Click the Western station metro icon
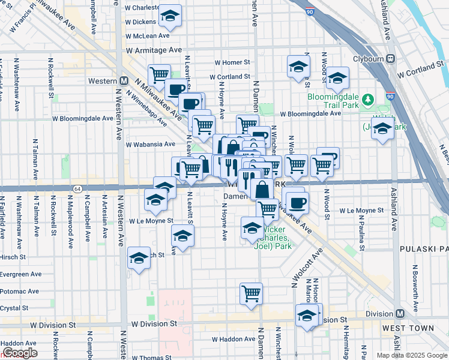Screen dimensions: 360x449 (125, 80)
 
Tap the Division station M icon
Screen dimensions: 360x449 (400, 314)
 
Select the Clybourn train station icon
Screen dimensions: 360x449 (390, 59)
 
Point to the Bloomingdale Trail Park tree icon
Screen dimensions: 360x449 (371, 98)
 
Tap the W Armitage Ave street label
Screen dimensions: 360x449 (154, 51)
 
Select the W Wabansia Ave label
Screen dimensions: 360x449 (151, 144)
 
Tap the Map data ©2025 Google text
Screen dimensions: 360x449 (412, 355)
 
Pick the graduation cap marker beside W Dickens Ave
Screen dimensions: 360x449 (170, 17)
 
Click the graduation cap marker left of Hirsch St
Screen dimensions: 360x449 (139, 258)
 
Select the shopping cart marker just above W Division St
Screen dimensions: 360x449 (252, 293)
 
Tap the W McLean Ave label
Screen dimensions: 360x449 (153, 37)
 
